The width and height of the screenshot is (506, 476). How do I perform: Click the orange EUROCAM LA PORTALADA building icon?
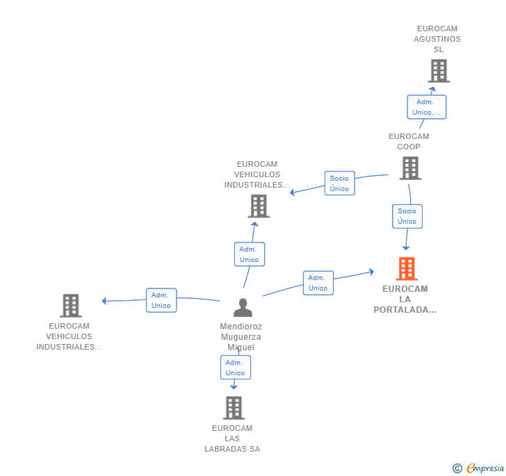pos(407,268)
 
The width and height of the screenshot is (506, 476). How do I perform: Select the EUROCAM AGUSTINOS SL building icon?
pos(438,71)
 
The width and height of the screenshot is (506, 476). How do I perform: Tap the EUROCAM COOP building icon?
pos(410,167)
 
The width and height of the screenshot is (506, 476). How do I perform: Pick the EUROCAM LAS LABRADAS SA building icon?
pos(234,408)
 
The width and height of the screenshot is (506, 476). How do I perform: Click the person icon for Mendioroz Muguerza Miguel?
pos(243,307)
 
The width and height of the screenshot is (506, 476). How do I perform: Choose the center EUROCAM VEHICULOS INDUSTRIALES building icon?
pos(259,206)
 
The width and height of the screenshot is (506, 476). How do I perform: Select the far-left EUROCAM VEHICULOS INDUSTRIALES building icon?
pos(70,305)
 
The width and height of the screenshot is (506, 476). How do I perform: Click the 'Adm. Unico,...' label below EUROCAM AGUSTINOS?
pos(426,107)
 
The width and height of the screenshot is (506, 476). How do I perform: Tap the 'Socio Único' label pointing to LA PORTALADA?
pos(407,216)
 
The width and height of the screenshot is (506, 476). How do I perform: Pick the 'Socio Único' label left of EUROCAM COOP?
pos(339,183)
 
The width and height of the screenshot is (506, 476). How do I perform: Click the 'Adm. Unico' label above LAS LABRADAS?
pos(235,368)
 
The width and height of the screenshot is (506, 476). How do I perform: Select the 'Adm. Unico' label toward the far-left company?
pos(161,300)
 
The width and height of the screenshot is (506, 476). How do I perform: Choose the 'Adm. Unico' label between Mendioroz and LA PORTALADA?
pos(318,283)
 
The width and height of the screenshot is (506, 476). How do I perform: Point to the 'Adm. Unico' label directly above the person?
pos(249,254)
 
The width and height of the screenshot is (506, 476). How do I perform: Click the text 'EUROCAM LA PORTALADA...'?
pos(405,299)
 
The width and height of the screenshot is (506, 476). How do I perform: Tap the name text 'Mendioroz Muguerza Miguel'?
pos(240,336)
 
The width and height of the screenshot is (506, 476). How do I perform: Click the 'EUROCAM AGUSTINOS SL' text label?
pos(437,39)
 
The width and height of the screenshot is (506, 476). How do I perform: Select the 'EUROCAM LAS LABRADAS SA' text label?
pos(232,438)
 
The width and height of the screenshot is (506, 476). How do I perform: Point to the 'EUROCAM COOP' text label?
pos(409,141)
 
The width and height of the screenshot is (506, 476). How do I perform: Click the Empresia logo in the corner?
pos(478,468)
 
